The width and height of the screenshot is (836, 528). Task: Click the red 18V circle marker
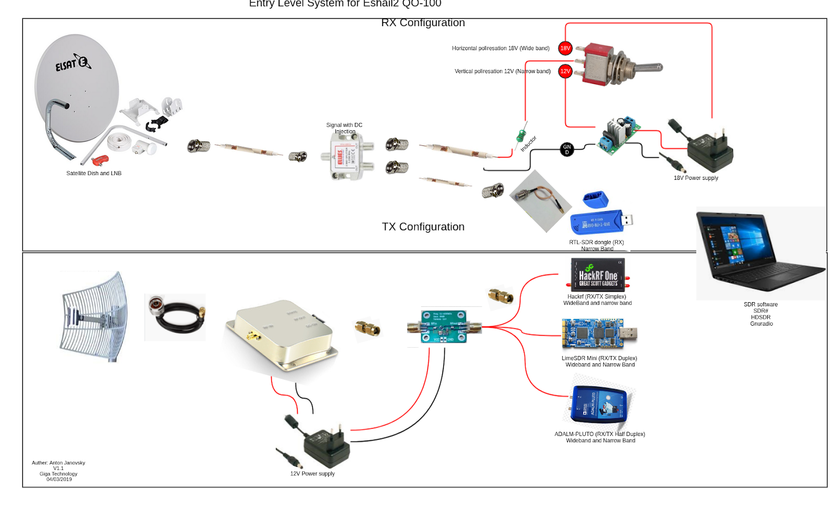(x=565, y=48)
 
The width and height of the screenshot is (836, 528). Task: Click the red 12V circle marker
(x=565, y=71)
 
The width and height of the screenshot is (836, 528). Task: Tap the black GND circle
(x=567, y=150)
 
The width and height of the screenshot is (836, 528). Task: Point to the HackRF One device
(x=598, y=274)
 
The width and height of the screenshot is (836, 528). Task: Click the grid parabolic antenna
(x=94, y=317)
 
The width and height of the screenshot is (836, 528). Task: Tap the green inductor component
(x=521, y=136)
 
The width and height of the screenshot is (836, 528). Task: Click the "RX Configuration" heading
(x=423, y=23)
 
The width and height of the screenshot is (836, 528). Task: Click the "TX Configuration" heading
(x=423, y=227)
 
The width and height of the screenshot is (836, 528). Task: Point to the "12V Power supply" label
(x=312, y=474)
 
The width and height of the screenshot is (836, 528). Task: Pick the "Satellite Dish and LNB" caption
(x=94, y=174)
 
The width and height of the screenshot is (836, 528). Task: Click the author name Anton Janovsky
(x=59, y=463)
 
